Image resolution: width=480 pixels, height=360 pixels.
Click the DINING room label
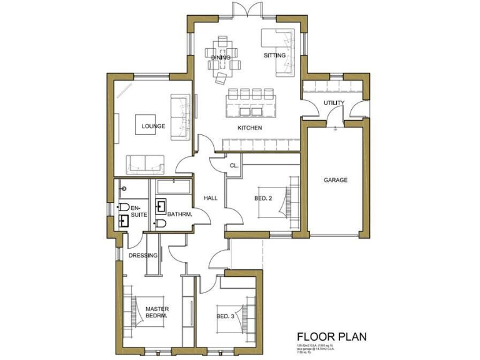220,57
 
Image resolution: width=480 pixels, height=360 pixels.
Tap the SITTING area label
274,56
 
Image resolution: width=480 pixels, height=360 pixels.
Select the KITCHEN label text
249,128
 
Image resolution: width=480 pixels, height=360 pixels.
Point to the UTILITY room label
334,103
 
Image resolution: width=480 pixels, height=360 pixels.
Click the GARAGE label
335,180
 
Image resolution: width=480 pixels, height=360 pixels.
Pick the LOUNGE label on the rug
153,126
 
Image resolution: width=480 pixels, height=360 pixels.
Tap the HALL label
211,198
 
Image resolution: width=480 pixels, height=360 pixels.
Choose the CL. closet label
234,166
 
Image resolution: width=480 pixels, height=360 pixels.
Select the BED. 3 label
225,316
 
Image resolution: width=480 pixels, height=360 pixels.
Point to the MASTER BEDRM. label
157,312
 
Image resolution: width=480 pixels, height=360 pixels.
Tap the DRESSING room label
143,255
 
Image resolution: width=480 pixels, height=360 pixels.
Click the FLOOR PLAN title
331,337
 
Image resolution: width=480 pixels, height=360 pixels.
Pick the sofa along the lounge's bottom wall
146,164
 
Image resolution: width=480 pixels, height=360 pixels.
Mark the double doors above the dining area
241,11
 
